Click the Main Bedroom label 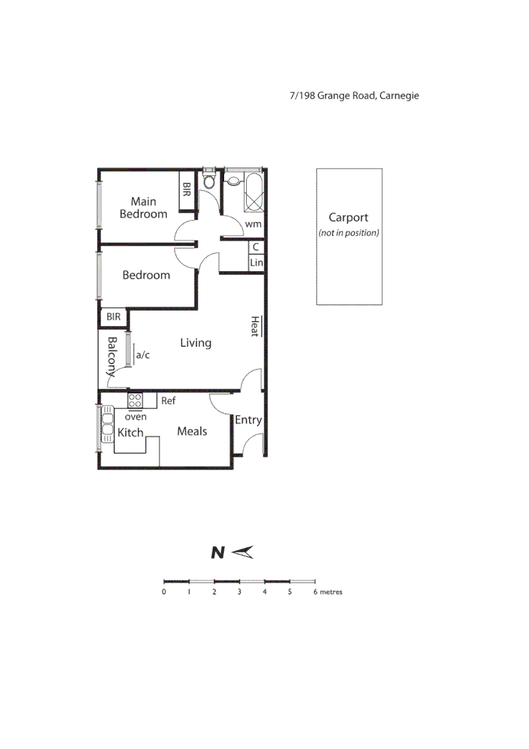[144, 208]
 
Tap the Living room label [196, 343]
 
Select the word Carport [348, 218]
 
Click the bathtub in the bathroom [253, 192]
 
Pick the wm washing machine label [253, 223]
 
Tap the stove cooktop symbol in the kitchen [135, 400]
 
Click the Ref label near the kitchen [168, 401]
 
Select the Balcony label [112, 356]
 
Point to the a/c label [143, 355]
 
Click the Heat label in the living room [255, 327]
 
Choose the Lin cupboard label [257, 263]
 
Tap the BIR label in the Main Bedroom [186, 188]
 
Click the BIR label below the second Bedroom [114, 317]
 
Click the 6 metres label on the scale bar [329, 592]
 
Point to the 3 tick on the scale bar [239, 592]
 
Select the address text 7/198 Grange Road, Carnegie [354, 96]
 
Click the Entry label [248, 420]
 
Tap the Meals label [192, 431]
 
